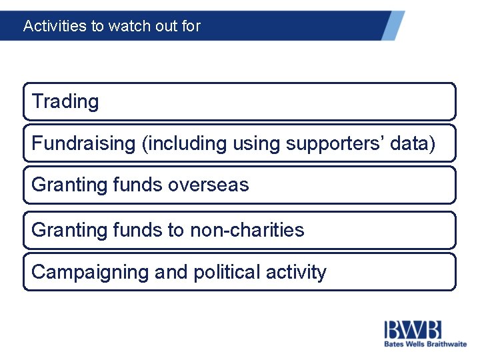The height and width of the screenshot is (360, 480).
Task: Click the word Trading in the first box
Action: coord(65,101)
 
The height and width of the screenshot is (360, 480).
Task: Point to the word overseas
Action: coord(208,185)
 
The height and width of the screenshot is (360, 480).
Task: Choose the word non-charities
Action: coord(247,230)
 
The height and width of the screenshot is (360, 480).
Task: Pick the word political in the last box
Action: coord(225,272)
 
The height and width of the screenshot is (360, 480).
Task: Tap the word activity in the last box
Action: coord(296,272)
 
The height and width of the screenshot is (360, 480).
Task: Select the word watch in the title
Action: coord(125,26)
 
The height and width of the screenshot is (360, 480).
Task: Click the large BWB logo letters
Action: coord(412,329)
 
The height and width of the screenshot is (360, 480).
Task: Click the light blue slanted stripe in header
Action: coord(393,25)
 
